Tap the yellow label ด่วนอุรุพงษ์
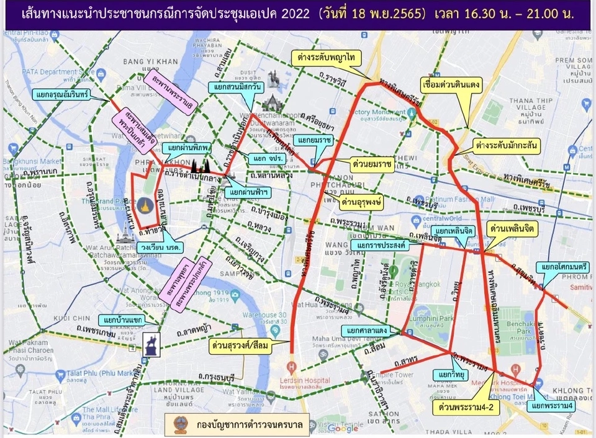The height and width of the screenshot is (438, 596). (361, 202)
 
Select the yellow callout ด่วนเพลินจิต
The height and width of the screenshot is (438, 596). (512, 229)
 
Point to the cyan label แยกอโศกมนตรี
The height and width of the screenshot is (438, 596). (564, 267)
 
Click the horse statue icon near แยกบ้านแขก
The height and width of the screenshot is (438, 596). (151, 344)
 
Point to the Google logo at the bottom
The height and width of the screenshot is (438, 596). (343, 428)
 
